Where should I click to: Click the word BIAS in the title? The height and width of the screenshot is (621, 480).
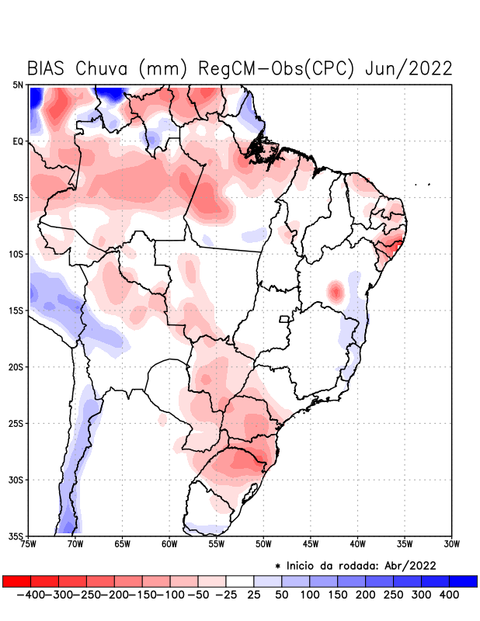click(47, 68)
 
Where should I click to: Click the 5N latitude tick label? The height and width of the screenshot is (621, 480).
click(17, 85)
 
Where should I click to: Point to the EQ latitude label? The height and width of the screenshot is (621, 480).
click(17, 141)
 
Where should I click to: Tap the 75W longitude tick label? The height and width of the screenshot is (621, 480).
click(30, 544)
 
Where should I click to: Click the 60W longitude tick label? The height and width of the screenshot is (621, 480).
click(169, 544)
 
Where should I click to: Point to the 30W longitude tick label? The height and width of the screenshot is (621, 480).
click(451, 544)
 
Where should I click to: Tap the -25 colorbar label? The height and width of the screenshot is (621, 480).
click(225, 595)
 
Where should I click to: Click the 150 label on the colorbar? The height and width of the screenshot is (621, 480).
click(337, 595)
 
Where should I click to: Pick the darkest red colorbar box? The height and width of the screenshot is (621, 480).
click(16, 581)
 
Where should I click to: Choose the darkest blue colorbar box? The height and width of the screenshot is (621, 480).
click(463, 581)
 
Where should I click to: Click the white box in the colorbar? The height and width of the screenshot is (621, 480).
click(239, 581)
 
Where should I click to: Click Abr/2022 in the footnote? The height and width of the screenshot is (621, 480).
click(409, 564)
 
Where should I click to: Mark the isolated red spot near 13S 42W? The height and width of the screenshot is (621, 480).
click(336, 292)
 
